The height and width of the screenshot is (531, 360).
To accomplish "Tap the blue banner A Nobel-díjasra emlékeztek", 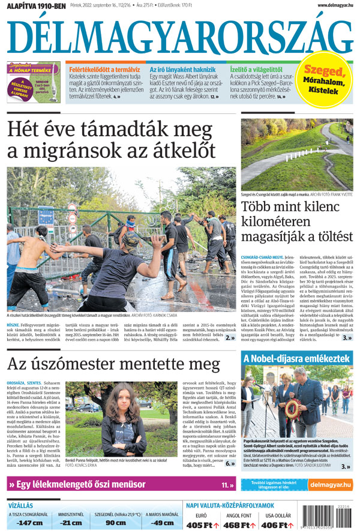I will (x=296, y=359).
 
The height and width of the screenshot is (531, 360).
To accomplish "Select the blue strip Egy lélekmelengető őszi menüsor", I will (x=120, y=484).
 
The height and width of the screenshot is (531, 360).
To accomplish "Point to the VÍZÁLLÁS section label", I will (x=20, y=505).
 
